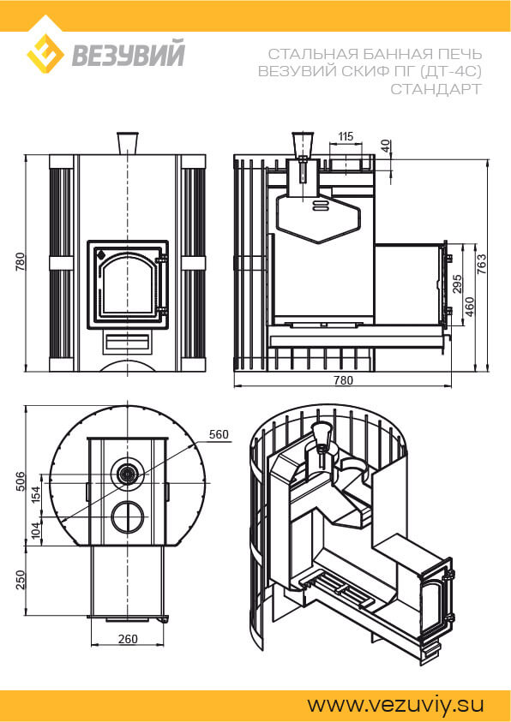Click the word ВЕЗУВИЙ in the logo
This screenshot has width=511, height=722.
click(x=128, y=54)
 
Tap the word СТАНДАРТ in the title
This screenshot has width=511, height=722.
click(x=436, y=89)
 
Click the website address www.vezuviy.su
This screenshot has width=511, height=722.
click(x=396, y=705)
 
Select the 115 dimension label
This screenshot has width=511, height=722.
click(x=346, y=136)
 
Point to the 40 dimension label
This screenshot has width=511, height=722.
click(x=387, y=146)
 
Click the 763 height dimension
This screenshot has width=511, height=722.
click(x=482, y=265)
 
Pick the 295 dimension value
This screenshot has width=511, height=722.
click(x=457, y=285)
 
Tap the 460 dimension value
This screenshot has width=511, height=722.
click(x=470, y=307)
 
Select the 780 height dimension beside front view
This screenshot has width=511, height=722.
click(x=20, y=262)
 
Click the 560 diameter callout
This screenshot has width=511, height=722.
click(x=219, y=435)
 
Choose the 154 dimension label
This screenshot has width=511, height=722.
click(x=36, y=492)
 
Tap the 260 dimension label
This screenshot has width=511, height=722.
click(x=128, y=639)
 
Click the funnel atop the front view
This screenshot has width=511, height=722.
click(x=127, y=143)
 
